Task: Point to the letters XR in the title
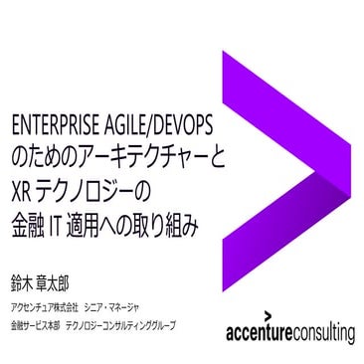tap(19, 186)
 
